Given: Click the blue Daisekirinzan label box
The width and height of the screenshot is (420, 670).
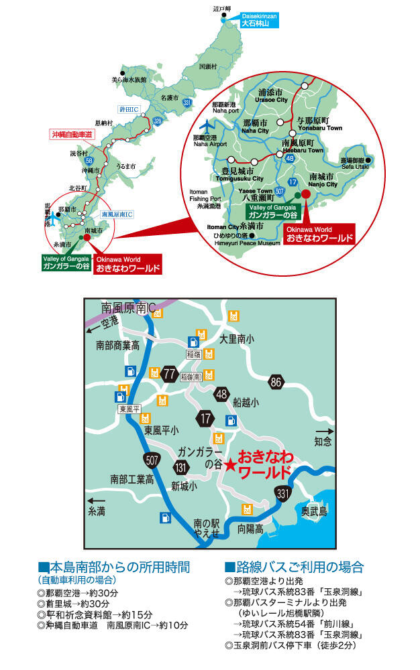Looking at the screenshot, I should click(264, 18).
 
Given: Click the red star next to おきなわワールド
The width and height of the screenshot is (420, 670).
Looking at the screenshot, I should click(229, 464).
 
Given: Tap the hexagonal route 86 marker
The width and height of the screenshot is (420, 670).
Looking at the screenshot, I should click(276, 383).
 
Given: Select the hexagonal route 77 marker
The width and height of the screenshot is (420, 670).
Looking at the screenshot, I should click(169, 373).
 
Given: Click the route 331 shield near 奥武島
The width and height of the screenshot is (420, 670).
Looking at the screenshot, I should click(282, 494).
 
